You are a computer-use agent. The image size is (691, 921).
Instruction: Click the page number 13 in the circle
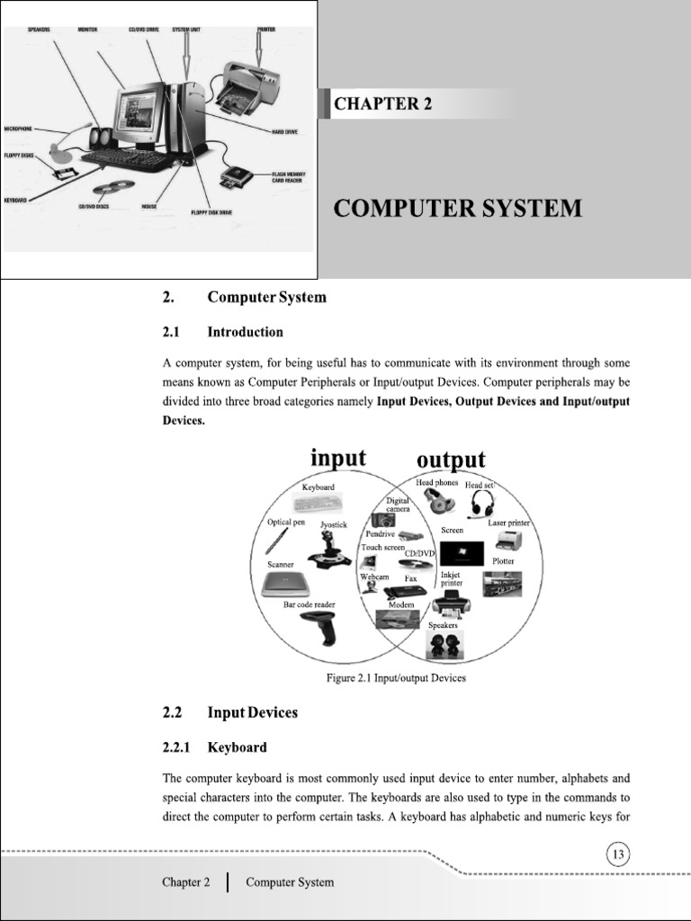tap(618, 854)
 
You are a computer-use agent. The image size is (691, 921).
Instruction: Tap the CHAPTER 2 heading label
tap(382, 103)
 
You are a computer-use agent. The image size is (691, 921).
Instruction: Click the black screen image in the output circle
tap(462, 552)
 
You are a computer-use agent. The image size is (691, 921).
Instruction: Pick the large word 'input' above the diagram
tap(337, 458)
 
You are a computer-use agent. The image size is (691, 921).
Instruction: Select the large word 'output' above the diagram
tap(452, 460)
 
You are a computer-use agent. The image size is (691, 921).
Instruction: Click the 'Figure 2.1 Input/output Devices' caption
tap(396, 678)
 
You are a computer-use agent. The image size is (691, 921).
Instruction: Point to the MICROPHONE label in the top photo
tap(20, 129)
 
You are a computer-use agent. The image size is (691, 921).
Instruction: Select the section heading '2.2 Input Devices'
tap(229, 712)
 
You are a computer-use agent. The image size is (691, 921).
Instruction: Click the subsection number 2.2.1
tap(177, 747)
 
